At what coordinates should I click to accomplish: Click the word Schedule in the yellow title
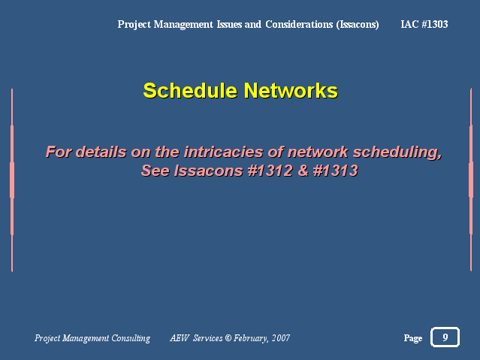[190, 91]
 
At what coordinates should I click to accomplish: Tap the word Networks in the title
[291, 91]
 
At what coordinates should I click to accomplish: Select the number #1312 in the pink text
[270, 171]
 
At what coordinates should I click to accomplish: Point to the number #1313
[335, 171]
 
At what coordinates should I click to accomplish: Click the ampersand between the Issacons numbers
[303, 171]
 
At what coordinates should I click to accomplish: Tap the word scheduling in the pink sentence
[397, 153]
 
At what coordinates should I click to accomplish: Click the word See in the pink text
[155, 171]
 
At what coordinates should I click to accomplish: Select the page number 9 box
[445, 337]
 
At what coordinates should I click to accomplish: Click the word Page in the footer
[413, 338]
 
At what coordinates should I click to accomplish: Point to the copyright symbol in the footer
[228, 338]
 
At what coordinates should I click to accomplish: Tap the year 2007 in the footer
[281, 338]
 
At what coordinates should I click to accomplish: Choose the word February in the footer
[251, 338]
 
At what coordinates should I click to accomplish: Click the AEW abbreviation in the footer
[180, 338]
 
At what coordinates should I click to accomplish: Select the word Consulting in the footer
[131, 338]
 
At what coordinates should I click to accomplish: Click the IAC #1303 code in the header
[424, 24]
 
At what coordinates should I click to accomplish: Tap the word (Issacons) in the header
[358, 25]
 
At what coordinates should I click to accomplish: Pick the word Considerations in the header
[299, 24]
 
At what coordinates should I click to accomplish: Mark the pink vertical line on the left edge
[12, 180]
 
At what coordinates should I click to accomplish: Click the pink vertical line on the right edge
[471, 180]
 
